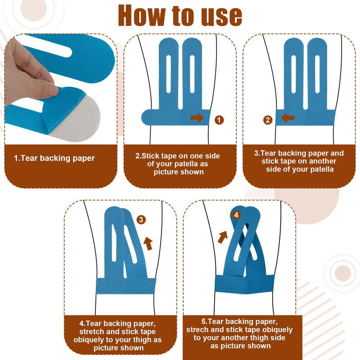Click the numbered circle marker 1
click(x=219, y=120)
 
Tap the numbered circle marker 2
click(x=268, y=120)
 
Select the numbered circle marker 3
click(x=141, y=220)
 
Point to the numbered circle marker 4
click(x=236, y=215)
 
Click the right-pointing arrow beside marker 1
click(x=197, y=117)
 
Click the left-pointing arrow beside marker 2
click(x=288, y=117)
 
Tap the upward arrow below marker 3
click(x=148, y=243)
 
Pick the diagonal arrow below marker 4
click(x=222, y=237)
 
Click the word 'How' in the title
click(x=141, y=16)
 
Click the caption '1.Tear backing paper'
click(x=54, y=158)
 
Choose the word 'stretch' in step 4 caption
click(x=92, y=332)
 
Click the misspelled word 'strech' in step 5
click(x=197, y=330)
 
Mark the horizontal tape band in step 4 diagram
click(x=126, y=286)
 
